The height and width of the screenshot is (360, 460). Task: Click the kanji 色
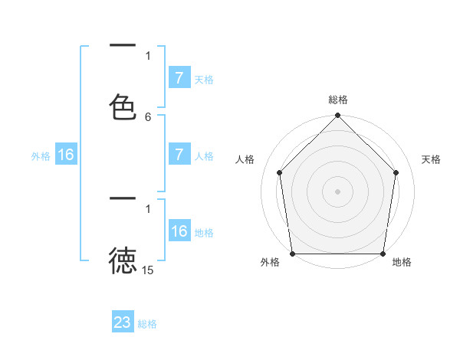123,107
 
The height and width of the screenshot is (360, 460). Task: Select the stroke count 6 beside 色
148,117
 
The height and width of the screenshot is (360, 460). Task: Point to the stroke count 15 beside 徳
148,270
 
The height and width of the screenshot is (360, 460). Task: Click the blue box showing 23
123,322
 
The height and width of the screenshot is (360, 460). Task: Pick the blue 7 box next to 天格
179,77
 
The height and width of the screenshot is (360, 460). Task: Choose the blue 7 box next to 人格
179,154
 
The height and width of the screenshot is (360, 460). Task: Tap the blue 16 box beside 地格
179,231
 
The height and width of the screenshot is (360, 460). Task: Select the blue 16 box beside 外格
65,155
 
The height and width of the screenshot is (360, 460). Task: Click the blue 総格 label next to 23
147,324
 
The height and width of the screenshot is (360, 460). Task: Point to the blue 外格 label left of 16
41,156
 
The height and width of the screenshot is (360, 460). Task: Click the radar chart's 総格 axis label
337,100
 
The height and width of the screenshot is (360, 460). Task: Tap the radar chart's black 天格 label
431,159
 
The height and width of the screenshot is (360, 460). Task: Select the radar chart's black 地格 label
402,262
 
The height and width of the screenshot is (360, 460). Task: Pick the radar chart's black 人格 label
245,159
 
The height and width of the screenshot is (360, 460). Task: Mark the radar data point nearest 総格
337,116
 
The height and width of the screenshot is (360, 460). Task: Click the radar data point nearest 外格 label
292,254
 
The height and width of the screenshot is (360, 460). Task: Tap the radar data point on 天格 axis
396,172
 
